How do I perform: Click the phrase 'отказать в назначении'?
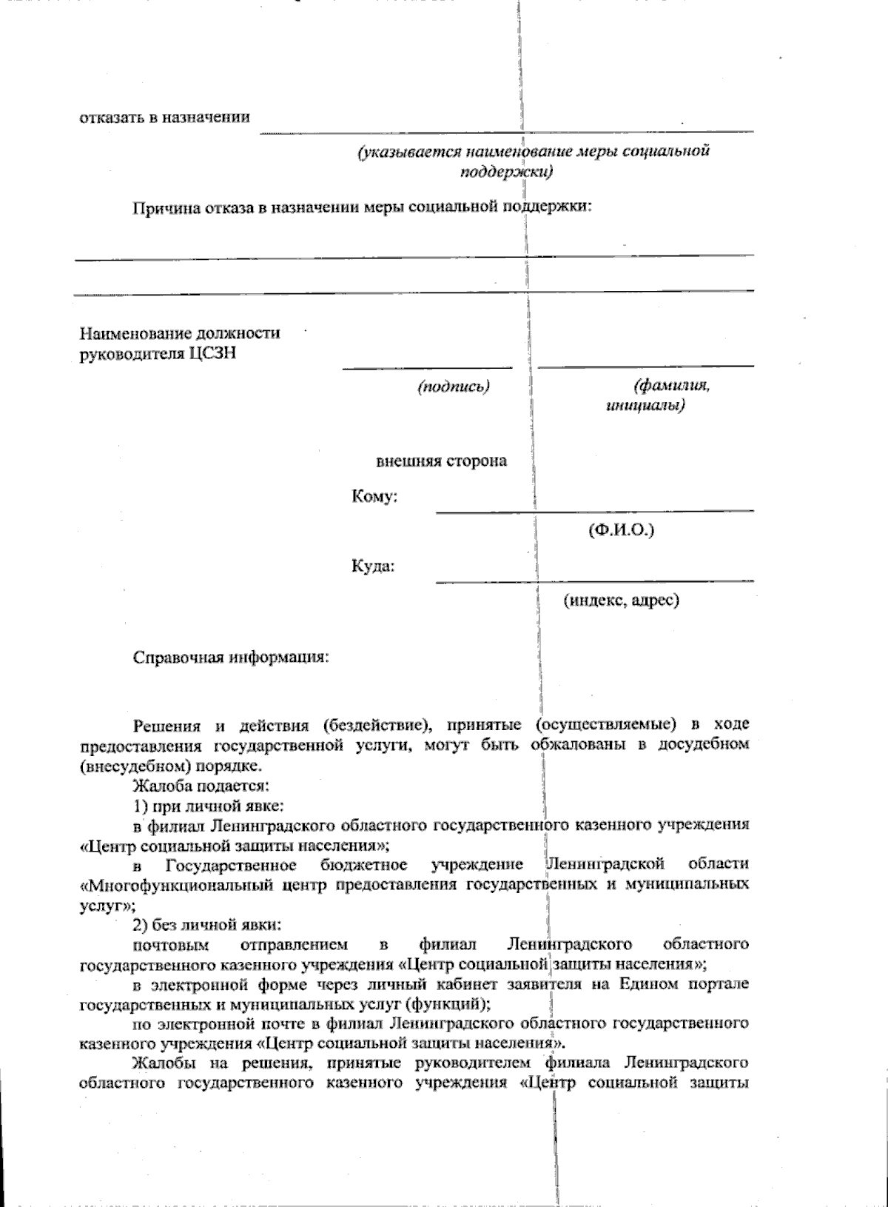164,117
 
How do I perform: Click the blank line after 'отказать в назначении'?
506,131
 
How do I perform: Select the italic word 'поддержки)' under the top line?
506,172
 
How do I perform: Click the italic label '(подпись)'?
454,386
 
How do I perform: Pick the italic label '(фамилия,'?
671,386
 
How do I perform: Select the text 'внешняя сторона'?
442,461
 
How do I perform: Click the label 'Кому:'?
374,496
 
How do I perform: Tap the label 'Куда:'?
372,566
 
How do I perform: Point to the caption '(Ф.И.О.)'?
621,530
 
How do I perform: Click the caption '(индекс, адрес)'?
621,601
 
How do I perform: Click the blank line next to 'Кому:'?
594,510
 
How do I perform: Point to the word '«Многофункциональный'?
178,885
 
